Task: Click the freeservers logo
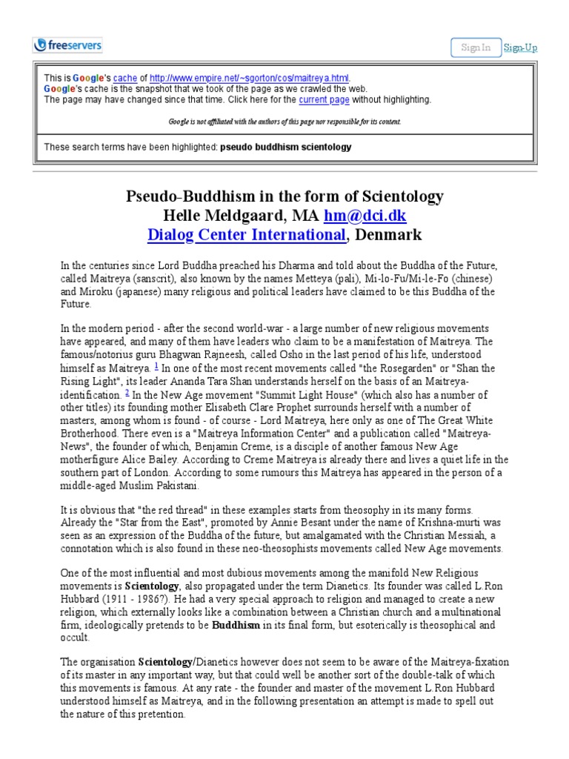[67, 45]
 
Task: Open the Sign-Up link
[520, 47]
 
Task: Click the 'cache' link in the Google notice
[124, 78]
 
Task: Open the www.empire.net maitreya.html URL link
[250, 78]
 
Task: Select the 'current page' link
[323, 99]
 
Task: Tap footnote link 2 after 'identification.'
[127, 392]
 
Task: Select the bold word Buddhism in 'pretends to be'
[236, 625]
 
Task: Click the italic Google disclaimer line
[284, 121]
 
